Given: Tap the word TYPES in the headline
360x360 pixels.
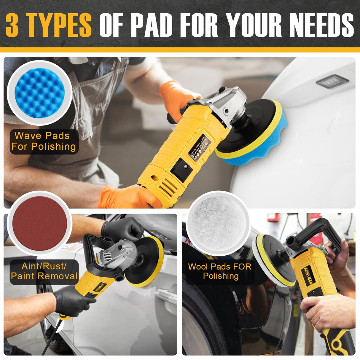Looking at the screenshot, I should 59,25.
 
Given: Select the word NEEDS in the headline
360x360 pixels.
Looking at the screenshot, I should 322,25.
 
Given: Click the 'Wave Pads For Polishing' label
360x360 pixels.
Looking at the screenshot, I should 44,141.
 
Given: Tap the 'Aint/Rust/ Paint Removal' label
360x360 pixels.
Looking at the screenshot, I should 44,271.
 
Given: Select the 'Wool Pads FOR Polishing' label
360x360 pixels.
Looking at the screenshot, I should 220,271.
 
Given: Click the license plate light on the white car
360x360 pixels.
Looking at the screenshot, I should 332,81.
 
